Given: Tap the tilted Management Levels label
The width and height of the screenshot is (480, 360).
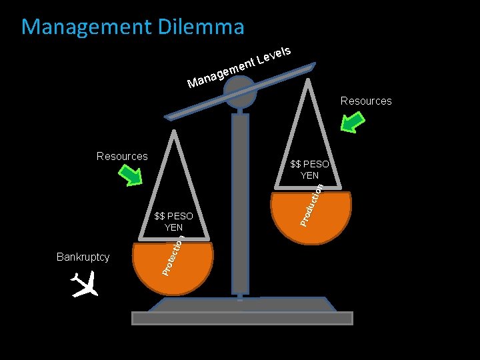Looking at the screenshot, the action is pos(240,67).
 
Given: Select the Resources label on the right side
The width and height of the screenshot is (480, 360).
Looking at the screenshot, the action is pos(366,101).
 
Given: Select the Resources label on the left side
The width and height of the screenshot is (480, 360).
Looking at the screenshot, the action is pos(122,156).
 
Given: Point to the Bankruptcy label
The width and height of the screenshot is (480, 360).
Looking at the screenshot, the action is pos(83,257).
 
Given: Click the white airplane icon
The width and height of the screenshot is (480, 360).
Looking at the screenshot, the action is pos(85,285).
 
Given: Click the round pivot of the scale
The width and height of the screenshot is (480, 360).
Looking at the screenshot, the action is pos(240,91).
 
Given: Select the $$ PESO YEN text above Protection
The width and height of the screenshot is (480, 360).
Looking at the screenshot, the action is pos(173,221).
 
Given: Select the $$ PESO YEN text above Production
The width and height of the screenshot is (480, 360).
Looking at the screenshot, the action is pos(310,169).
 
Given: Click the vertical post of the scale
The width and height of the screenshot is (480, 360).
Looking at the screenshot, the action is pos(239,200).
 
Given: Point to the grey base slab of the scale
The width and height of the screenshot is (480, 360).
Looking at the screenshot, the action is pos(241,318).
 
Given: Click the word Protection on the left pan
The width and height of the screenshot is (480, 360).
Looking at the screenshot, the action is pos(172,257).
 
